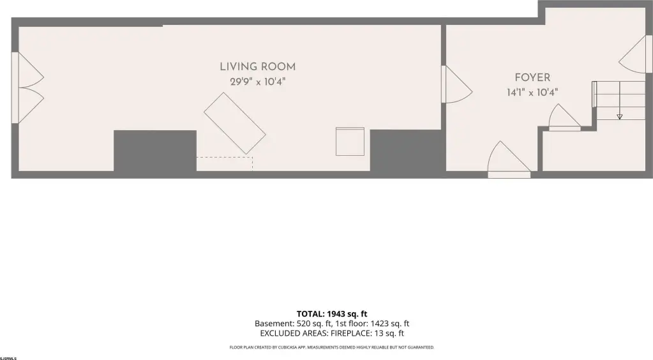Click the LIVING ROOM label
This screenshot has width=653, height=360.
point(257,66)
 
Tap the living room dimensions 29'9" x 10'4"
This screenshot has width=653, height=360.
point(257,82)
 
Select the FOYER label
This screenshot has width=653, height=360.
point(532,77)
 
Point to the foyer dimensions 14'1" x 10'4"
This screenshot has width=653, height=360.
point(532,93)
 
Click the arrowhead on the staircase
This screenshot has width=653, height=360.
point(620,117)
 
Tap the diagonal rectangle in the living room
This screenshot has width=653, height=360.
point(235,123)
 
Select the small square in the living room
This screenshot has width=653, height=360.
point(350,142)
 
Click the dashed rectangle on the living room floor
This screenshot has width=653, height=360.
point(225,164)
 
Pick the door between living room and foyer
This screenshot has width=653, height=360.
point(456,84)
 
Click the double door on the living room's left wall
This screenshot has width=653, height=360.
point(28,87)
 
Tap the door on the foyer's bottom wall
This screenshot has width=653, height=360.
point(509,160)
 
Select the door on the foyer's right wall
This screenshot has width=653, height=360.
point(636,54)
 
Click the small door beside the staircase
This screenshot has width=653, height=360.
point(564,117)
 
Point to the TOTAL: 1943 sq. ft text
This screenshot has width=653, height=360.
point(332,314)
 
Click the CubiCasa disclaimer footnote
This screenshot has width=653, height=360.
point(332,347)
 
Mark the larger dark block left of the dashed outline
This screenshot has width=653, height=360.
point(155,151)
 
